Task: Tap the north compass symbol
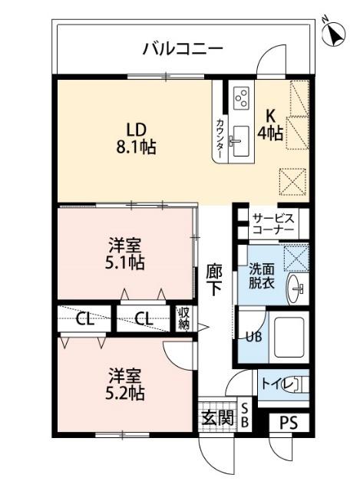(334, 33)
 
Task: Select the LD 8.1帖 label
(137, 137)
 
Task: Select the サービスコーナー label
(273, 223)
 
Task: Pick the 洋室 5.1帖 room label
(124, 254)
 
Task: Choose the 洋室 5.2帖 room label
(124, 384)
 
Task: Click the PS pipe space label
(288, 423)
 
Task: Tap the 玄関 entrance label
(216, 418)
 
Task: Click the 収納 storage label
(184, 318)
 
